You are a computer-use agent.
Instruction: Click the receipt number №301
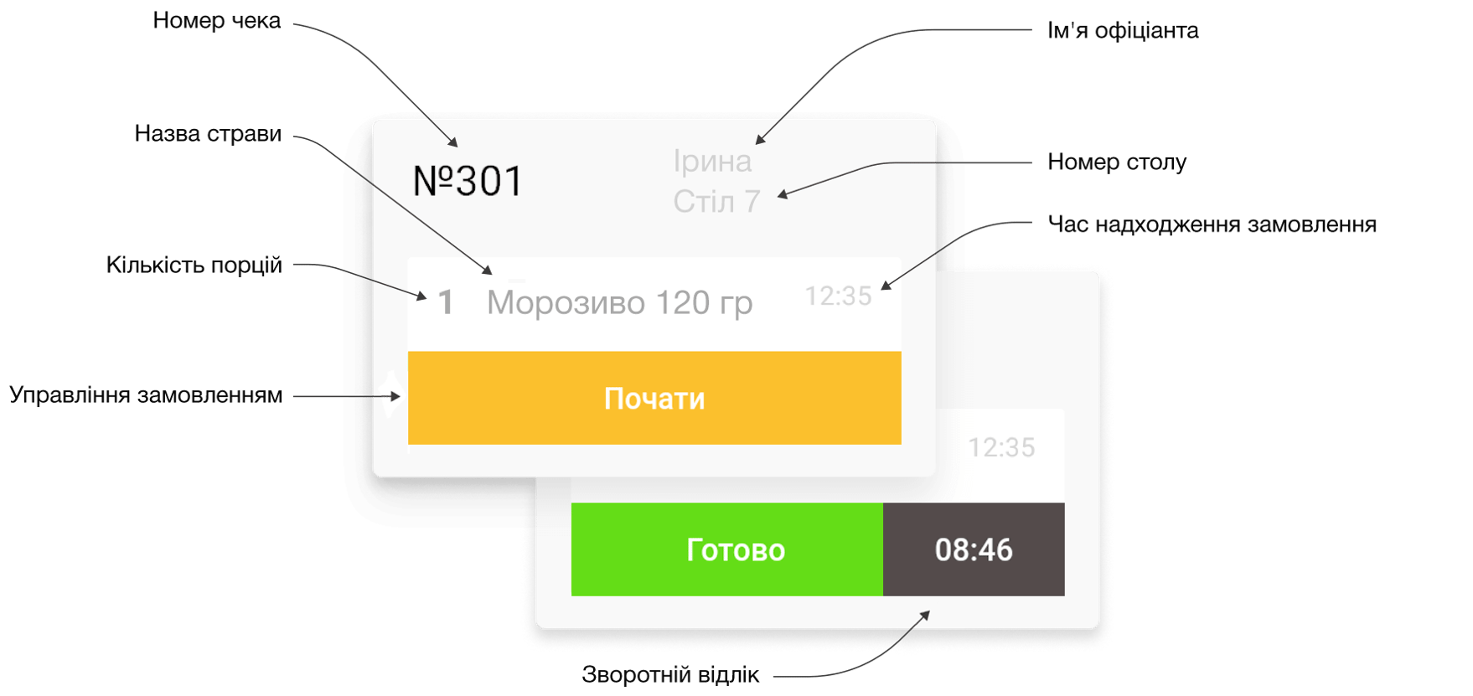click(x=468, y=181)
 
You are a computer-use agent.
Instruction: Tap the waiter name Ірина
click(x=712, y=161)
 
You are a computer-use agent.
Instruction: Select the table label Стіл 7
click(x=716, y=202)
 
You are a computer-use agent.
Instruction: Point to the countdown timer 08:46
click(x=974, y=549)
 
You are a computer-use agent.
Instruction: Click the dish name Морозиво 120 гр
click(x=619, y=303)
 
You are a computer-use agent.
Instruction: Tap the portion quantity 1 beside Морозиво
click(x=446, y=302)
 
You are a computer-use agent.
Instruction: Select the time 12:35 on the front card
click(x=838, y=296)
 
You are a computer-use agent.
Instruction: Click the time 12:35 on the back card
click(x=1001, y=447)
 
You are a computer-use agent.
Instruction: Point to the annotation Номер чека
click(x=216, y=21)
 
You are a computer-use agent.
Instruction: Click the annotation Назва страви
click(x=208, y=134)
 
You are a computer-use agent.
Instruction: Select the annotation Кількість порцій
click(x=194, y=266)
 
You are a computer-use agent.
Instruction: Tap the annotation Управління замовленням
click(x=146, y=395)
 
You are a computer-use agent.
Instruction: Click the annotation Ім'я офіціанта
click(x=1122, y=31)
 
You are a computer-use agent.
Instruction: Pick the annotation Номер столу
click(x=1116, y=162)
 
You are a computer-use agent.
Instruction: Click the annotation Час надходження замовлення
click(x=1212, y=224)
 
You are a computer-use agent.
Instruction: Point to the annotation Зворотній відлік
click(x=670, y=675)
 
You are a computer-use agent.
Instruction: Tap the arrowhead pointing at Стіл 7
click(x=782, y=195)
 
